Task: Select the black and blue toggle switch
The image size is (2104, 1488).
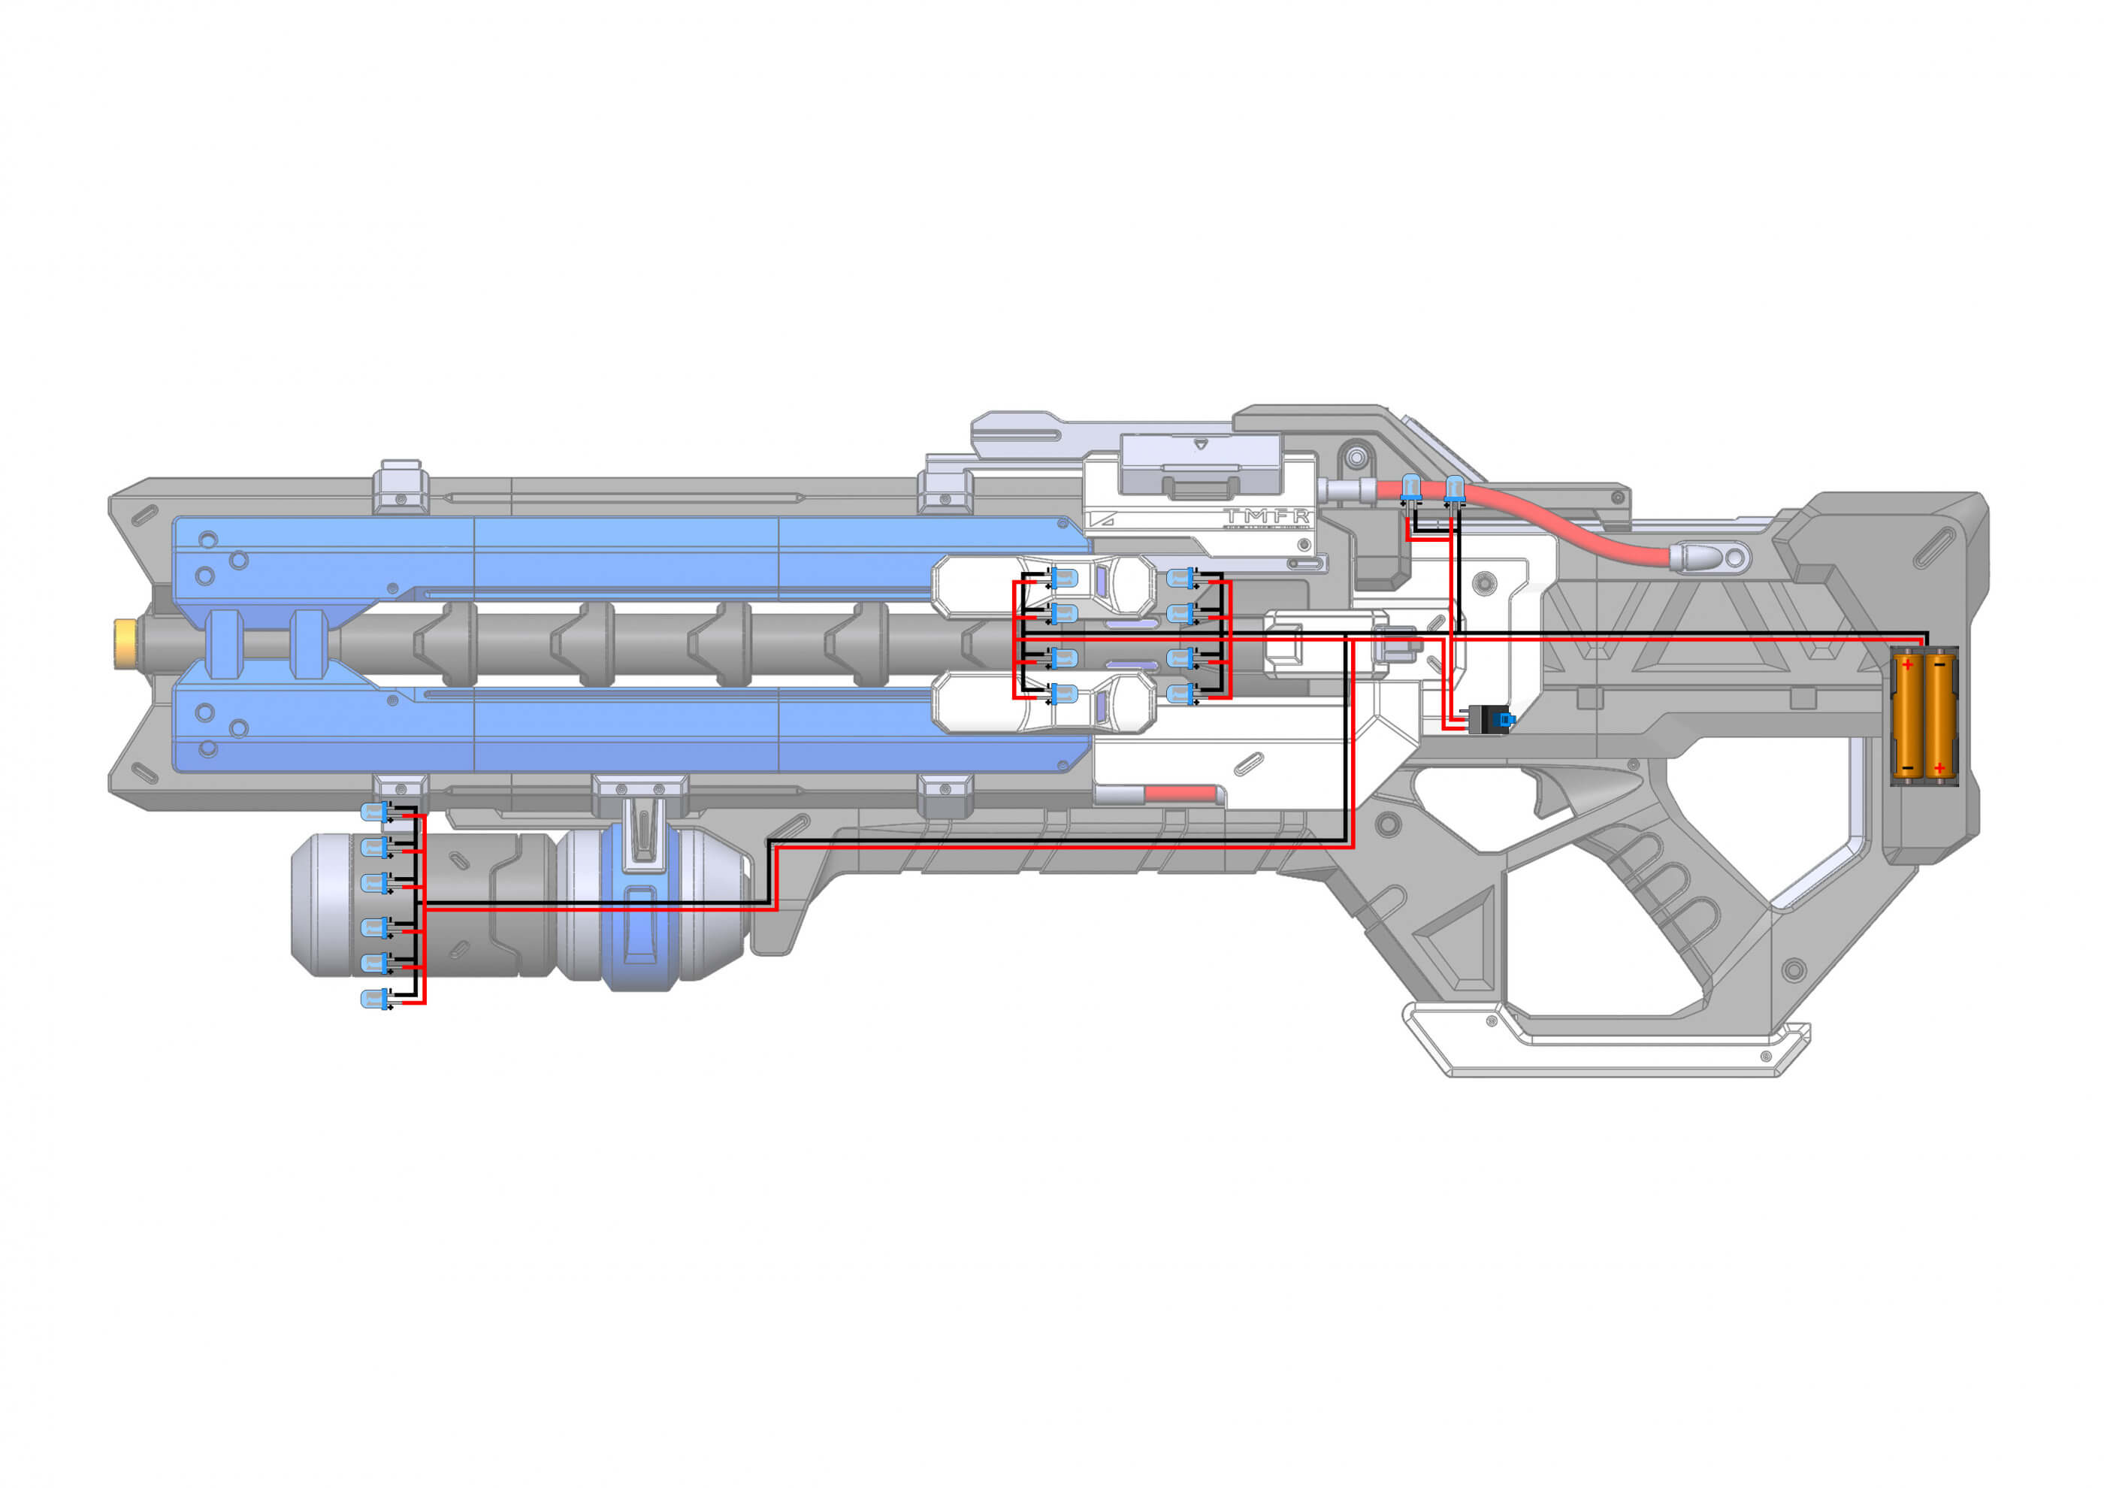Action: tap(1492, 719)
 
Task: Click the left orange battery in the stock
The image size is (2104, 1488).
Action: tap(1908, 715)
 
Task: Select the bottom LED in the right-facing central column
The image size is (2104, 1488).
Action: tap(1181, 694)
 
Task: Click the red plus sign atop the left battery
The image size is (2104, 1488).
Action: tap(1908, 664)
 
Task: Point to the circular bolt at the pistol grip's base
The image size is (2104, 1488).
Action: tap(1794, 969)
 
